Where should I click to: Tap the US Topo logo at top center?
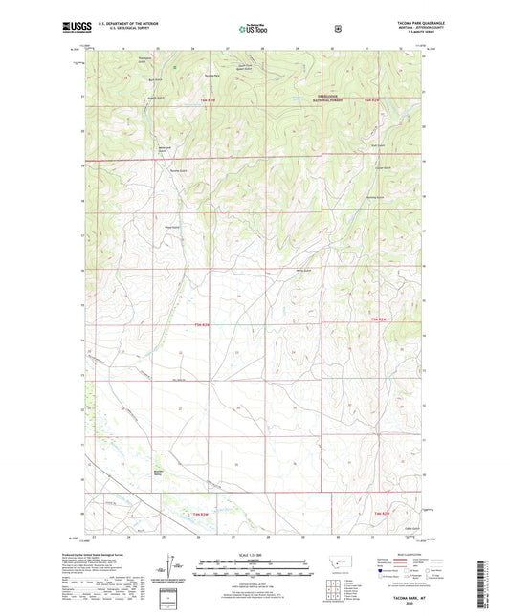tap(255, 29)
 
